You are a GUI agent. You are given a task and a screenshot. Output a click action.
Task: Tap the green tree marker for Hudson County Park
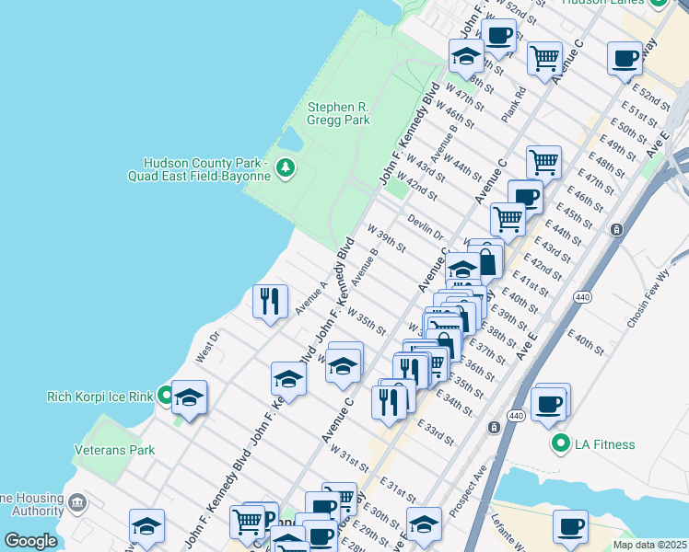[286, 167]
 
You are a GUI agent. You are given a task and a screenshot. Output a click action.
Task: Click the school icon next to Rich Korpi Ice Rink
[189, 397]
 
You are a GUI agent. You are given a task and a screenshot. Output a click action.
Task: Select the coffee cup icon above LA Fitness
[549, 404]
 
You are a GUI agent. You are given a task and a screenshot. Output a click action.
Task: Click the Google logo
[29, 541]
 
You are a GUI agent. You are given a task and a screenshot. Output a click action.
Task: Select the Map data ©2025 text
[648, 544]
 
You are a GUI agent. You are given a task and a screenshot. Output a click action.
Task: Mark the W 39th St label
[386, 239]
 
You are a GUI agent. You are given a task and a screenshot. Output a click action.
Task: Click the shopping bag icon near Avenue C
[486, 261]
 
